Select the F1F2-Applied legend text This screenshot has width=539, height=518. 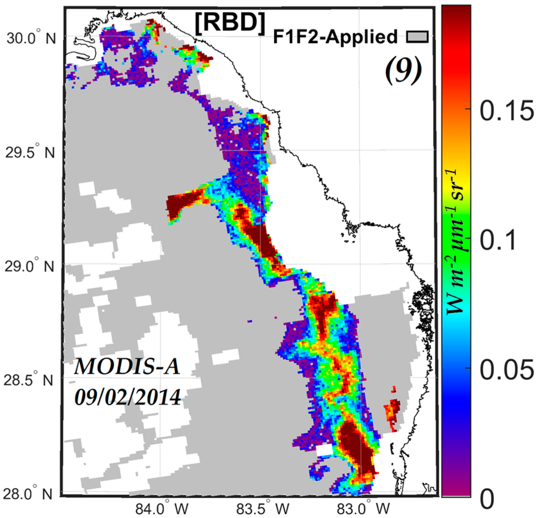[x=336, y=37]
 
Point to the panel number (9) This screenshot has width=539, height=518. [x=403, y=71]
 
